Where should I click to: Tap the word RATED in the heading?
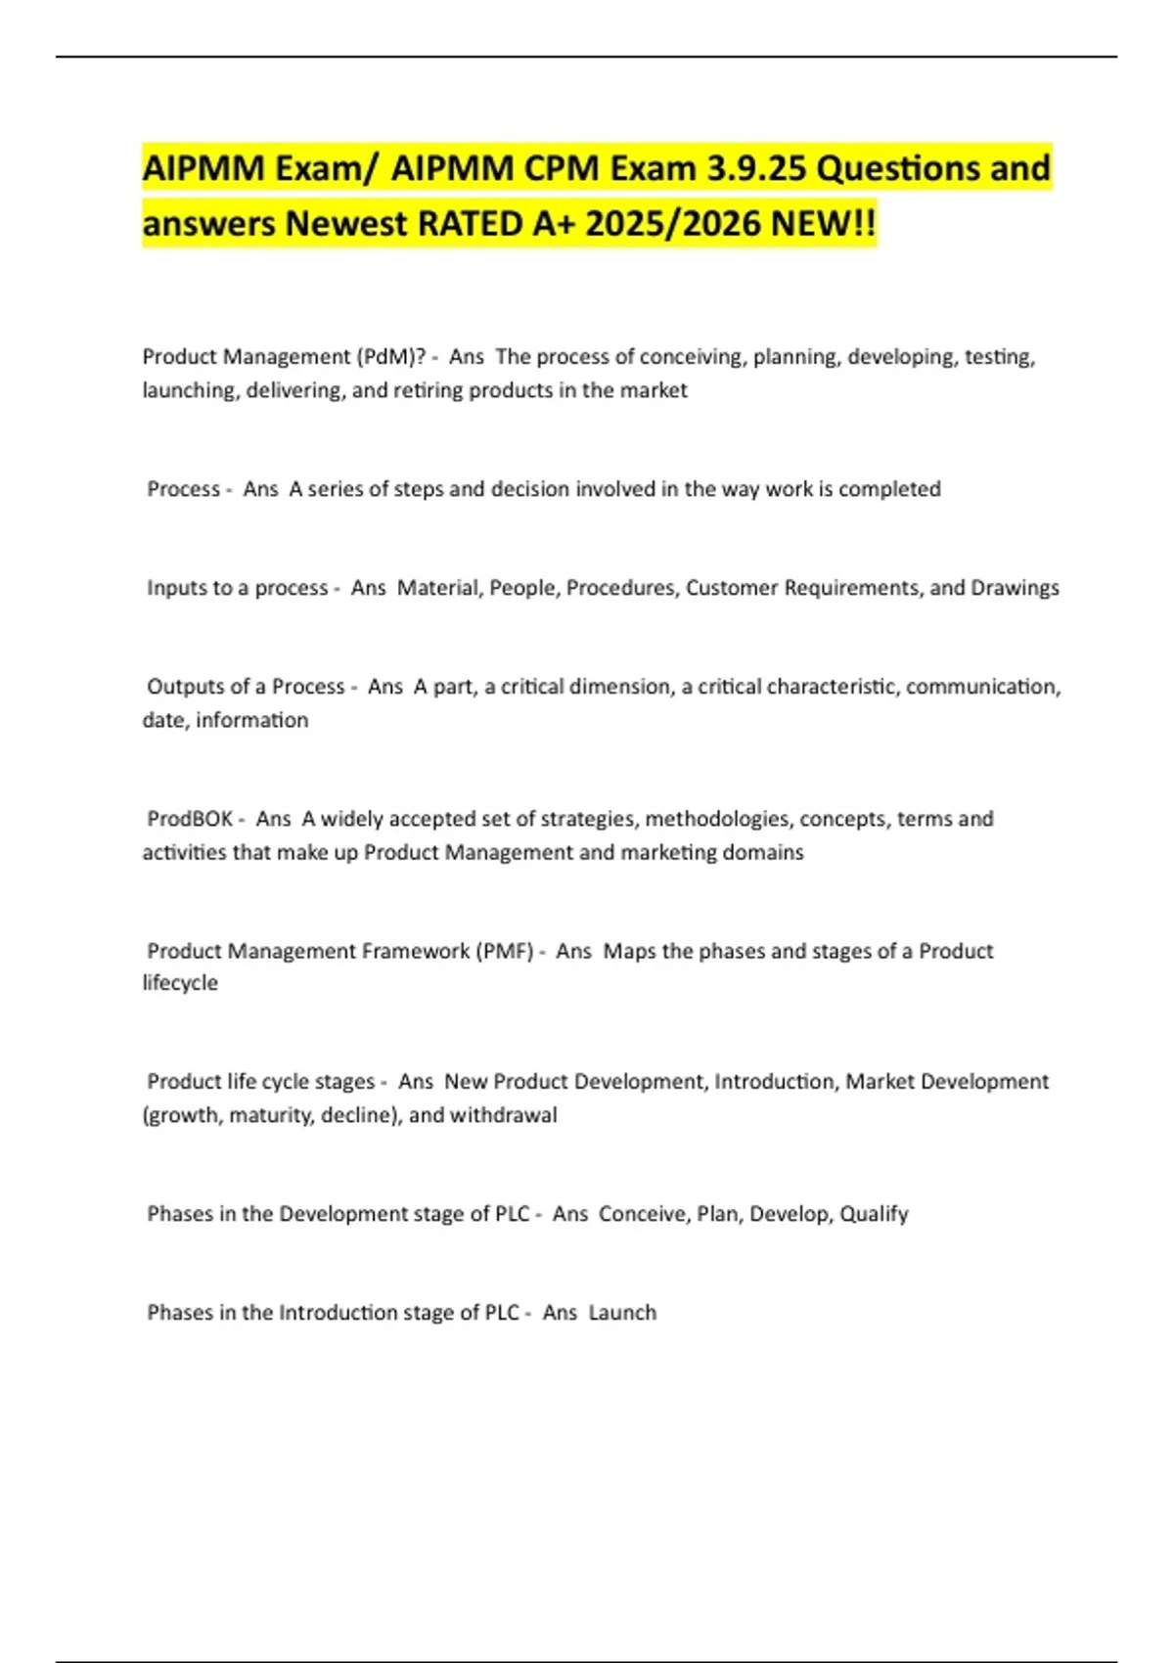click(471, 224)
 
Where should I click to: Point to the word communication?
click(982, 687)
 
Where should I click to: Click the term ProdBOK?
click(190, 819)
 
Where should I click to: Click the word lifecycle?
click(180, 983)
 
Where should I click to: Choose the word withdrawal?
click(503, 1115)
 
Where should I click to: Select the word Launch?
click(622, 1313)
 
